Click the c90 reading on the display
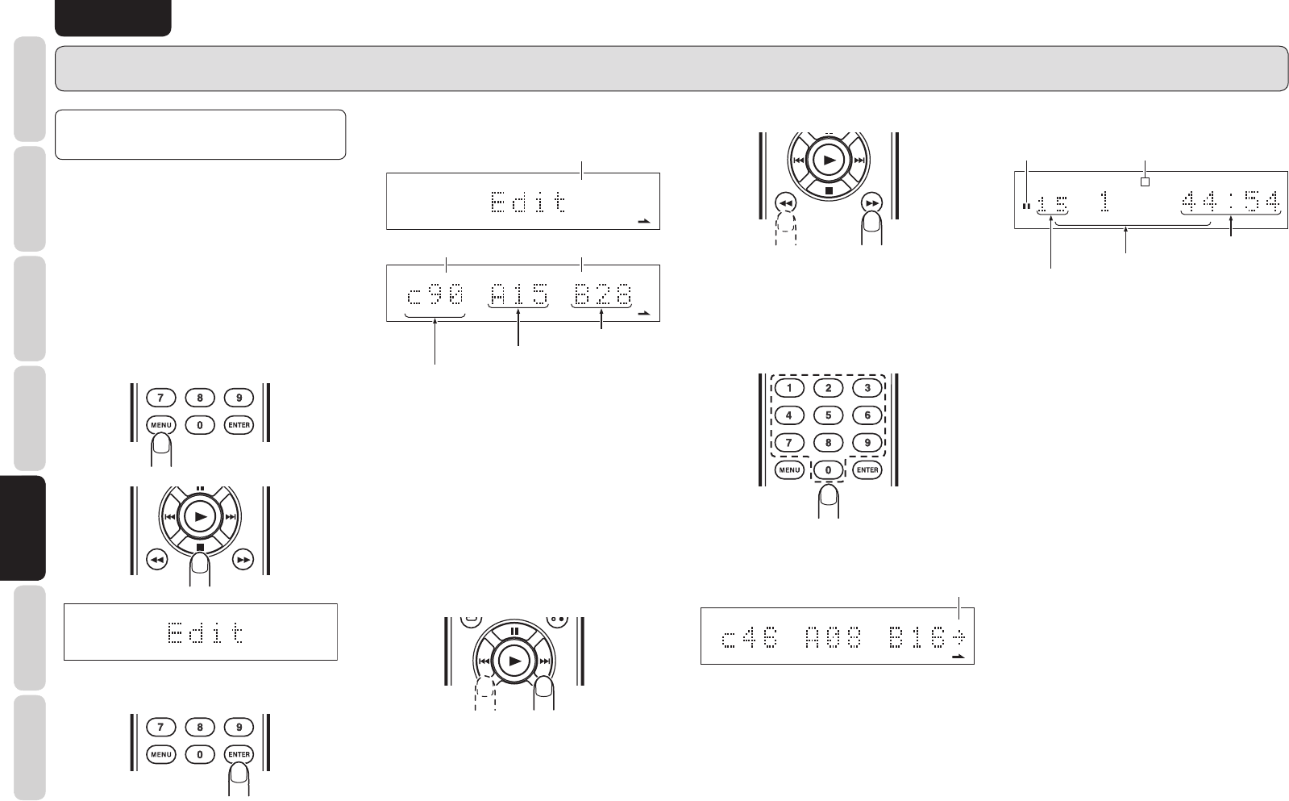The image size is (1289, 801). (435, 296)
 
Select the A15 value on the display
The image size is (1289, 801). (519, 296)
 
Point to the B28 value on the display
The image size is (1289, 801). (601, 296)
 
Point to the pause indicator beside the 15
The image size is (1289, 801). (1026, 206)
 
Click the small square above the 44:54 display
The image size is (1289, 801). (1145, 181)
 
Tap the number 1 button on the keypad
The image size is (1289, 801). (789, 388)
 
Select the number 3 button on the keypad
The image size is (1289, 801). (867, 388)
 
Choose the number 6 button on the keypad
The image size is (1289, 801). (867, 415)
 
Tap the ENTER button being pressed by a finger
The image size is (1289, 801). (240, 755)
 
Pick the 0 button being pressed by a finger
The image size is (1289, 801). (828, 469)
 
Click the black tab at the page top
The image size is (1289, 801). (113, 17)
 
